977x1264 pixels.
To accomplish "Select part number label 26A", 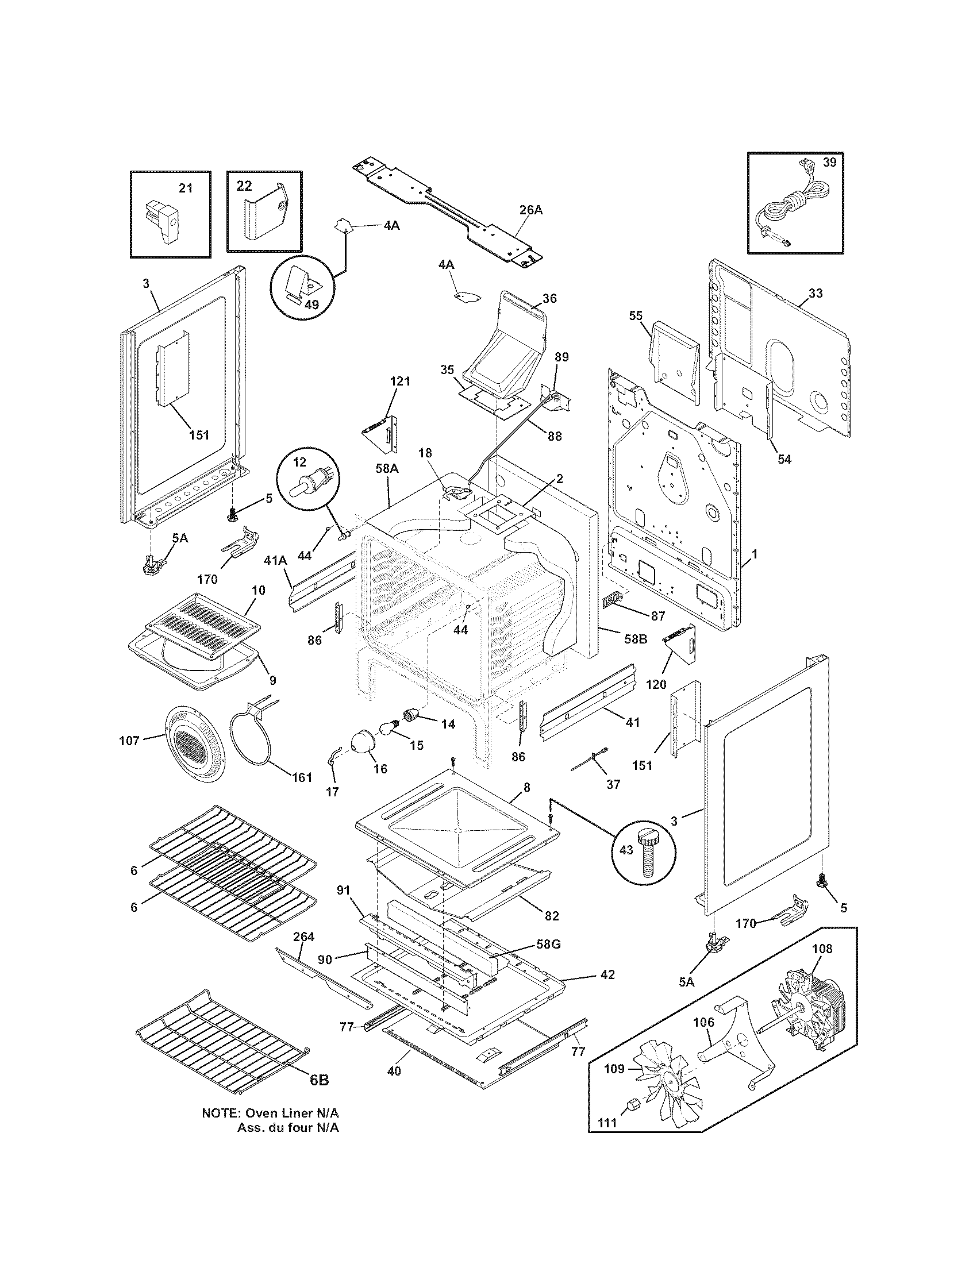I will coord(531,211).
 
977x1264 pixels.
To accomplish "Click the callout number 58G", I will coord(548,944).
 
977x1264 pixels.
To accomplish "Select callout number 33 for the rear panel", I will coord(815,293).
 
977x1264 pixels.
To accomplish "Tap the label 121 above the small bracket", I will coord(400,381).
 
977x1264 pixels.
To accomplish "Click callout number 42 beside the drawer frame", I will coord(607,974).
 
